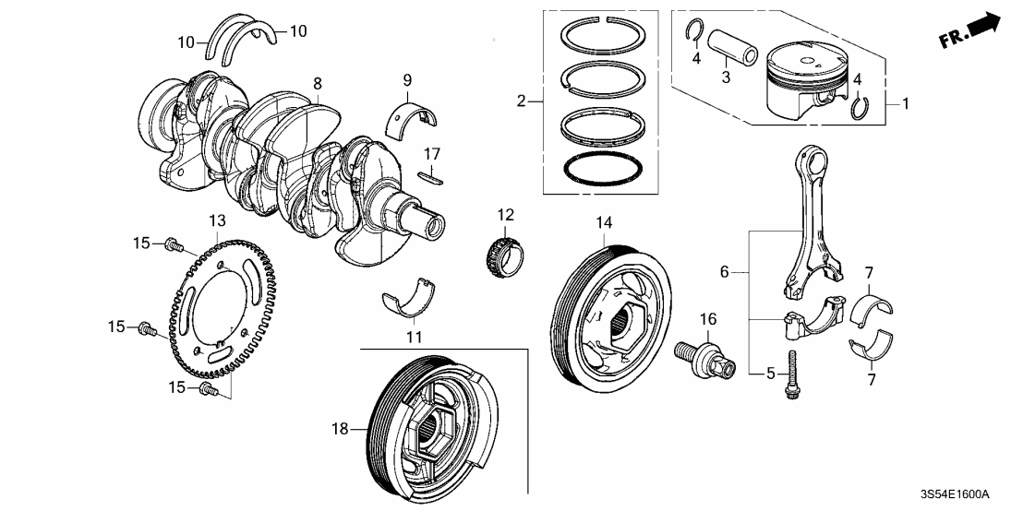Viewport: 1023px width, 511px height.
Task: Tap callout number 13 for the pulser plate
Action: point(216,220)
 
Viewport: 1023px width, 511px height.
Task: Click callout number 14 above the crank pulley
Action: point(604,221)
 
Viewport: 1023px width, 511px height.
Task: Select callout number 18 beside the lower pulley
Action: point(340,429)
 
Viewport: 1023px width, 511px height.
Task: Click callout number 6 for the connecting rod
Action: point(726,271)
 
